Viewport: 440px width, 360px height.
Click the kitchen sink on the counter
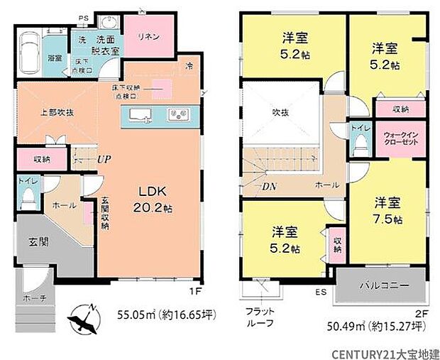point(138,114)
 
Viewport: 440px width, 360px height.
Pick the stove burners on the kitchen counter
point(176,114)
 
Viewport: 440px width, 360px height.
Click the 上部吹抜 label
point(48,112)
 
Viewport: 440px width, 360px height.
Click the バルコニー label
point(383,285)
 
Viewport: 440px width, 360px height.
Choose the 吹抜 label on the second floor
point(280,112)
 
